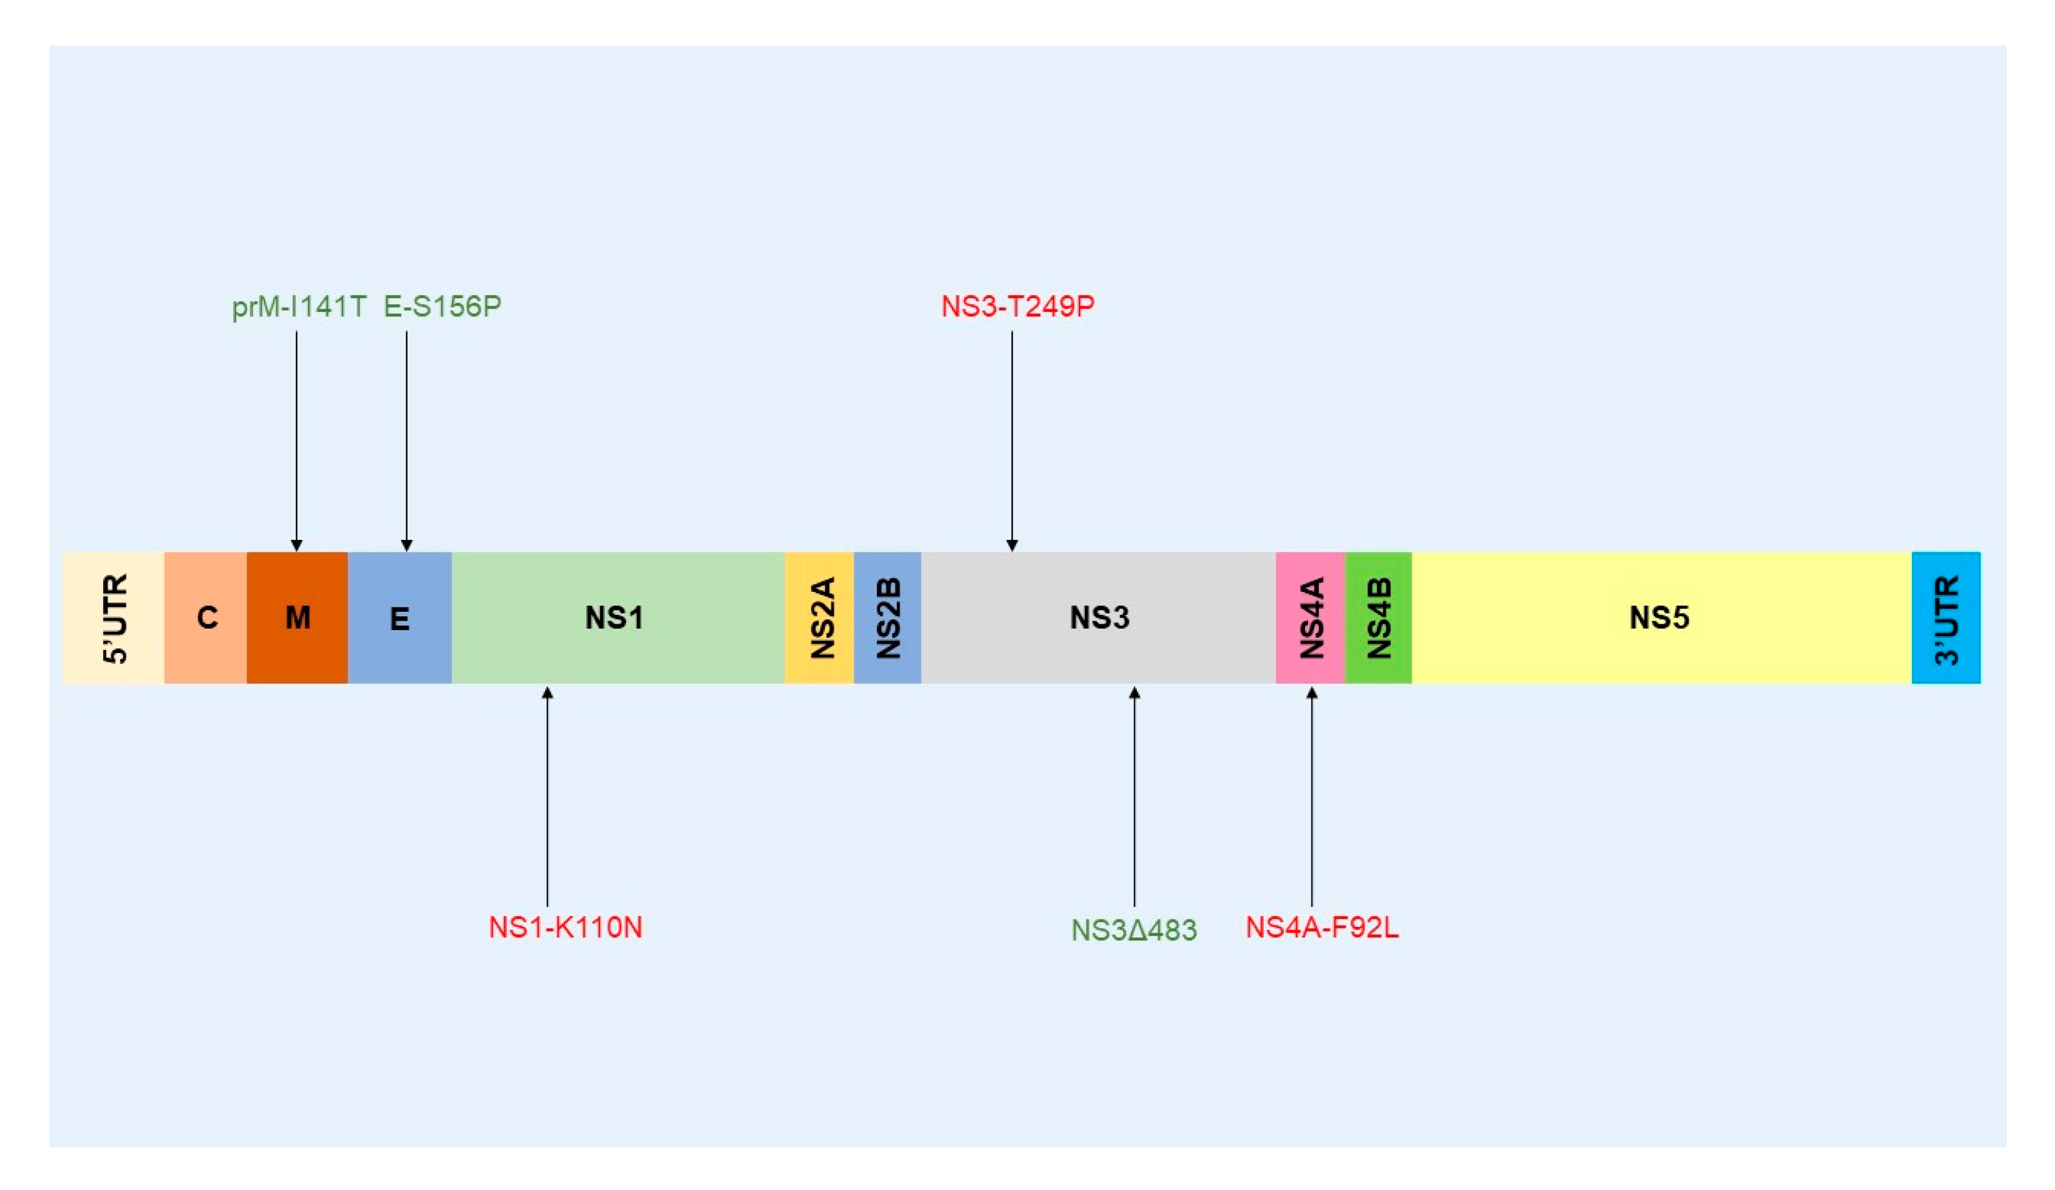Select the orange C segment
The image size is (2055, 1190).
click(x=206, y=617)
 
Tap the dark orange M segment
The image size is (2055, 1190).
click(x=297, y=617)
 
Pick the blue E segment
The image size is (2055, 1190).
click(x=399, y=617)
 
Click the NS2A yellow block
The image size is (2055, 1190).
click(x=819, y=617)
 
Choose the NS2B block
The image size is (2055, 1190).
click(x=887, y=617)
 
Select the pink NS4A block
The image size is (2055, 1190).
click(x=1311, y=617)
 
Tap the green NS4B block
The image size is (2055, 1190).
click(x=1378, y=617)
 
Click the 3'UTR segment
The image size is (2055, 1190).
click(x=1946, y=617)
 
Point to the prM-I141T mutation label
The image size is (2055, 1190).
click(x=299, y=307)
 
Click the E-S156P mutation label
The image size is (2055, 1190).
click(x=442, y=307)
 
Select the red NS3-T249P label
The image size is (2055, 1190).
click(x=1017, y=307)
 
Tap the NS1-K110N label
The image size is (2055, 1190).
click(x=565, y=927)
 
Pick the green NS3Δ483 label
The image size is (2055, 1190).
click(x=1134, y=930)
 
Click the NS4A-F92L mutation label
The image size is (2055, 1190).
click(x=1322, y=927)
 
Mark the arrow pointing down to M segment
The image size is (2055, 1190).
click(x=297, y=441)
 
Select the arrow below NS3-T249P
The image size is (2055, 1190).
click(x=1012, y=441)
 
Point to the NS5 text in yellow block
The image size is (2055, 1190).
click(x=1659, y=617)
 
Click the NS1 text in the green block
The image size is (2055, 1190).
click(x=614, y=617)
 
